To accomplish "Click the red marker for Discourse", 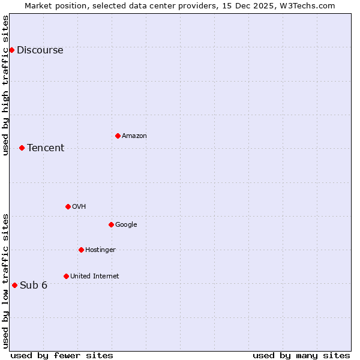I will click(x=11, y=50).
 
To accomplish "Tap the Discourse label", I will click(x=40, y=50).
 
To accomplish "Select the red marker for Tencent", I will click(x=22, y=148).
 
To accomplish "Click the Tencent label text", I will click(x=46, y=148).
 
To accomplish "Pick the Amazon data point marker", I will click(x=118, y=136).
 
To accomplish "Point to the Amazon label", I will click(x=134, y=136).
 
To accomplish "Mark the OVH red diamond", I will click(x=68, y=206).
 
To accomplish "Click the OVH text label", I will click(x=79, y=207).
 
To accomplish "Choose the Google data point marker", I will click(x=111, y=224).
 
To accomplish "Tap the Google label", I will click(x=126, y=225).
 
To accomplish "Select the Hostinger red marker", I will click(x=81, y=250).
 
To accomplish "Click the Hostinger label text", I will click(x=100, y=250).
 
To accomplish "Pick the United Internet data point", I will click(x=66, y=276).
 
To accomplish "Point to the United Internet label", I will click(x=95, y=277).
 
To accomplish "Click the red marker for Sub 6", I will click(x=14, y=285).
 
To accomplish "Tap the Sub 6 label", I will click(x=34, y=286).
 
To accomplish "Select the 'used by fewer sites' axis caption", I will click(x=62, y=355).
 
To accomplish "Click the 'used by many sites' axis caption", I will click(x=301, y=355).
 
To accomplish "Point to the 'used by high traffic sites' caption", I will click(x=5, y=85).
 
